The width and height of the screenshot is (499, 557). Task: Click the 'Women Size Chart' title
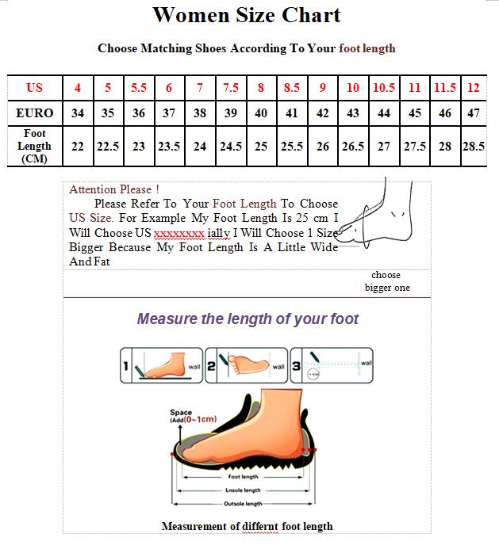[247, 14]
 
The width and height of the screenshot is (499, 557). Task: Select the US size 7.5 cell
[230, 88]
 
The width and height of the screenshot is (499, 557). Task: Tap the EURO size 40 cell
[261, 113]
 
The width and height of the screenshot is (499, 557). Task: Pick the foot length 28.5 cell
[474, 147]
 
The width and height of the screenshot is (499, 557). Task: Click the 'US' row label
[34, 88]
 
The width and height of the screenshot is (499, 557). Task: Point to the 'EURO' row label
[34, 113]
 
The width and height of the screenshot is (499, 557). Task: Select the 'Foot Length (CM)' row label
[34, 147]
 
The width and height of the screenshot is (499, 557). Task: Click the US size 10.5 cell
[384, 88]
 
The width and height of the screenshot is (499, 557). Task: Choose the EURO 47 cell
[474, 113]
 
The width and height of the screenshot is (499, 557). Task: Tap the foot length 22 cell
[78, 147]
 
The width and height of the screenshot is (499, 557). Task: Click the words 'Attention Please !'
[114, 189]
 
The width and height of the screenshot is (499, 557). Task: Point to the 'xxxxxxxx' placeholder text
[179, 233]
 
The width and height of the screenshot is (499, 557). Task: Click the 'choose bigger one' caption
[386, 281]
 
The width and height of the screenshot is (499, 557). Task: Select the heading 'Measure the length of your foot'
[248, 319]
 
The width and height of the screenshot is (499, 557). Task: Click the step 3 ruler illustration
[332, 366]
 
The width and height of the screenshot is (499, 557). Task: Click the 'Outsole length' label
[243, 504]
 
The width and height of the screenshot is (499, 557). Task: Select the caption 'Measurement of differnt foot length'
[247, 526]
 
